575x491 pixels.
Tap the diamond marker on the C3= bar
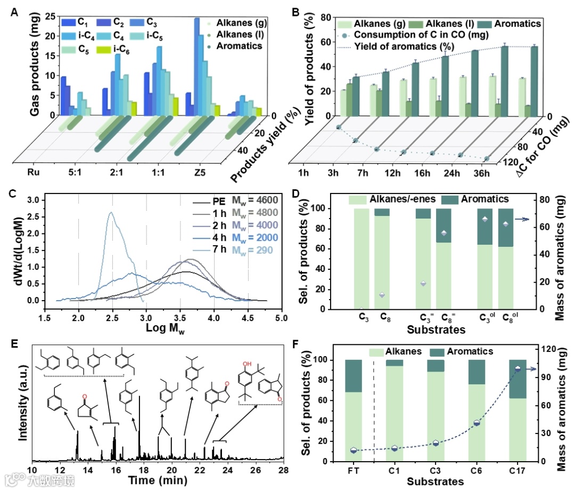pyautogui.click(x=423, y=284)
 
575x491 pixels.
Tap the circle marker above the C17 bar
pyautogui.click(x=517, y=369)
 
